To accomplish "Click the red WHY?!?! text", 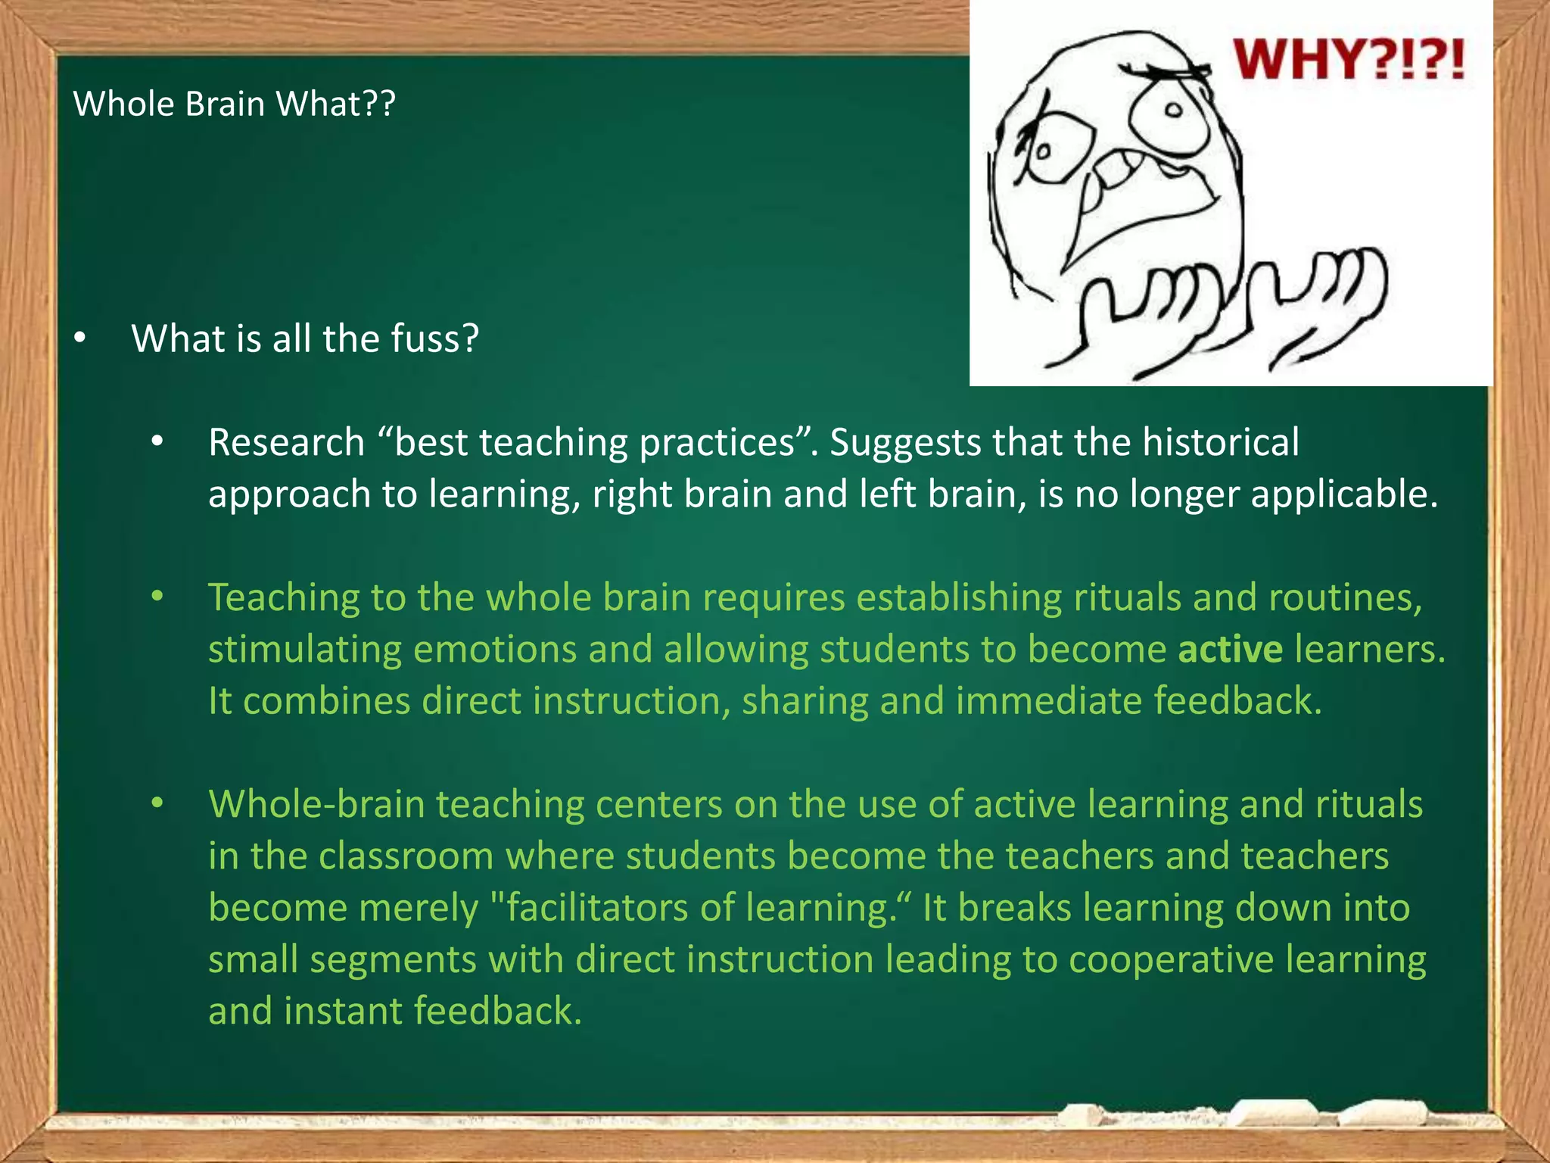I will coord(1349,60).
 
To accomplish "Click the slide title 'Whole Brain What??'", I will coord(234,104).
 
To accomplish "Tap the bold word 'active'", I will coord(1230,650).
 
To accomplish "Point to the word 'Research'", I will coord(286,442).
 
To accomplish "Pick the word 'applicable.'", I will coord(1344,494).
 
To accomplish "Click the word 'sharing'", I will coord(805,701).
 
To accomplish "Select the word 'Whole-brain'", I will coord(316,804).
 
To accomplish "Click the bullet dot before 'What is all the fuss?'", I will coord(80,338).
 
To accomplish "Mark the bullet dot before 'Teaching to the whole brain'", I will coord(157,597).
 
